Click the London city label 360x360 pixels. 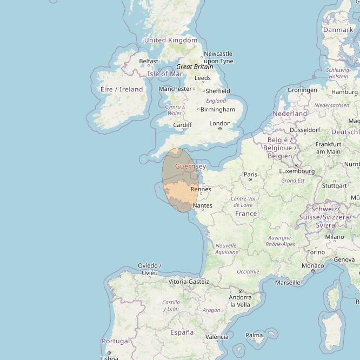(220, 123)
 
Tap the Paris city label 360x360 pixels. (250, 174)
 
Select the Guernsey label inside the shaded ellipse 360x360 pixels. (190, 166)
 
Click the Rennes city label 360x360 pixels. (201, 189)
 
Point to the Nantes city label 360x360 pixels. (202, 205)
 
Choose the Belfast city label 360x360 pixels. (149, 61)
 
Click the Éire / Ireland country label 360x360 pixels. (122, 89)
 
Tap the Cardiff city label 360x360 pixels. (182, 125)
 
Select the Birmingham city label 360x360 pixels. (217, 109)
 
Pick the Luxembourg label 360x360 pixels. (297, 171)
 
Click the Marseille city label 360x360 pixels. (288, 282)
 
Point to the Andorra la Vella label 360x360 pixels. (240, 301)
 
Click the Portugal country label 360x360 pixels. (116, 341)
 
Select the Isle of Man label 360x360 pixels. (165, 74)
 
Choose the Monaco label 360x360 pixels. (313, 266)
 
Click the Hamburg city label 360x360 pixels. (344, 92)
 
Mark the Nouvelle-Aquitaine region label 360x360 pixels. (226, 249)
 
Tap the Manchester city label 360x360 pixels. (176, 89)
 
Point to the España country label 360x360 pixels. (182, 332)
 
